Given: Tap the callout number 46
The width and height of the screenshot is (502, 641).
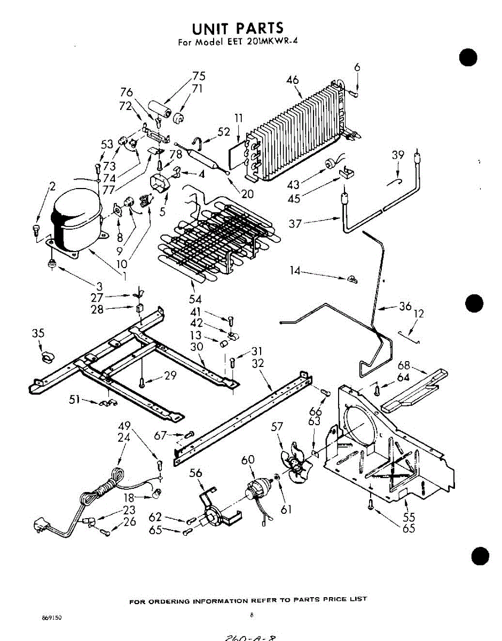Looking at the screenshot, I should click(x=292, y=81).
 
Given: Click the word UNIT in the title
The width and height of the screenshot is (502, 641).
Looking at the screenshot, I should click(x=212, y=28).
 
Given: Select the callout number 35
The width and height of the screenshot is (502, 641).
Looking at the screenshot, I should click(x=38, y=334).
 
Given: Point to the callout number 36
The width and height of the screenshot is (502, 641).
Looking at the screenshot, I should click(x=405, y=306).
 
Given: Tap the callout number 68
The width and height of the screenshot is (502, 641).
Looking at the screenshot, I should click(x=404, y=366).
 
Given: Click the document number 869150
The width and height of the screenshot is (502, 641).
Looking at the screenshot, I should click(x=52, y=617).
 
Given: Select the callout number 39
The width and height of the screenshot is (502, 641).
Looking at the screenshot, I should click(x=398, y=155).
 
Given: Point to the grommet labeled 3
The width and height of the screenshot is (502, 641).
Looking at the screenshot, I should click(x=52, y=262).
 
